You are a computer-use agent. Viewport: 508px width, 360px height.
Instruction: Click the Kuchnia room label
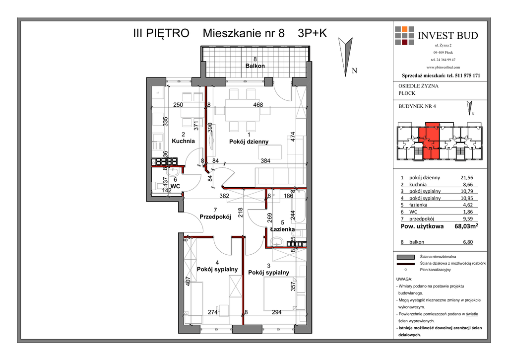[184, 141]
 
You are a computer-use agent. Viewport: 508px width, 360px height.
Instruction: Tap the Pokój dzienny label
[249, 142]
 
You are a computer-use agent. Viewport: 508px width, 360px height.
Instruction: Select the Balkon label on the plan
[255, 66]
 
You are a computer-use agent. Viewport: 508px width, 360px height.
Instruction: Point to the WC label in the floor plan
[175, 186]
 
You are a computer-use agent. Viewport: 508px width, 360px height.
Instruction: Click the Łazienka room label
[282, 229]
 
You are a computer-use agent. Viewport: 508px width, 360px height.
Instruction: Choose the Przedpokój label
[215, 216]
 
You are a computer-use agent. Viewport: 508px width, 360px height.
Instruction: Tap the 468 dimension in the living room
[258, 105]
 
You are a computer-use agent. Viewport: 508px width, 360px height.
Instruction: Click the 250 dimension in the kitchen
[178, 105]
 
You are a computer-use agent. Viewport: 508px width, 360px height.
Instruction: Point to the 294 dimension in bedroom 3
[277, 312]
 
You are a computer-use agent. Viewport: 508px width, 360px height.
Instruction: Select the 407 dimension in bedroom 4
[188, 281]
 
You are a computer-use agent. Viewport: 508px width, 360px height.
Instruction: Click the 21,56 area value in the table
[467, 177]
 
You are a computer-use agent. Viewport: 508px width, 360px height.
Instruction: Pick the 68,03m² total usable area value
[466, 226]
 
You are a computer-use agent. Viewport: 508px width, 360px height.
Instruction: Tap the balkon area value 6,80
[468, 242]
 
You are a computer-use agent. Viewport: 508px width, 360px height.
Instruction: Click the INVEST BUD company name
[448, 35]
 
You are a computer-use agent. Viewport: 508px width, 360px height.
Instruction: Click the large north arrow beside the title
[345, 56]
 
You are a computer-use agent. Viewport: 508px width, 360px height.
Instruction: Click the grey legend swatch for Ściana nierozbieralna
[406, 257]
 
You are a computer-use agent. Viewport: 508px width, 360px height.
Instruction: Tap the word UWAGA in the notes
[404, 279]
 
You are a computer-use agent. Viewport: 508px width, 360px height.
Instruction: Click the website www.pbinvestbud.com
[443, 67]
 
